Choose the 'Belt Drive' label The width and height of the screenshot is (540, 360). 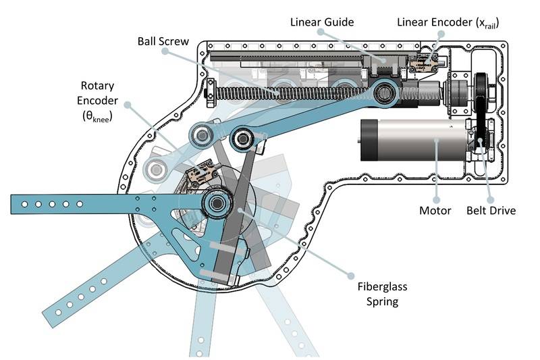[x=491, y=210]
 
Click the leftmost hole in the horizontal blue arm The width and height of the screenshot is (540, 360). [x=25, y=203]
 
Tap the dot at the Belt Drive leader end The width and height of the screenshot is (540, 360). [x=479, y=141]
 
